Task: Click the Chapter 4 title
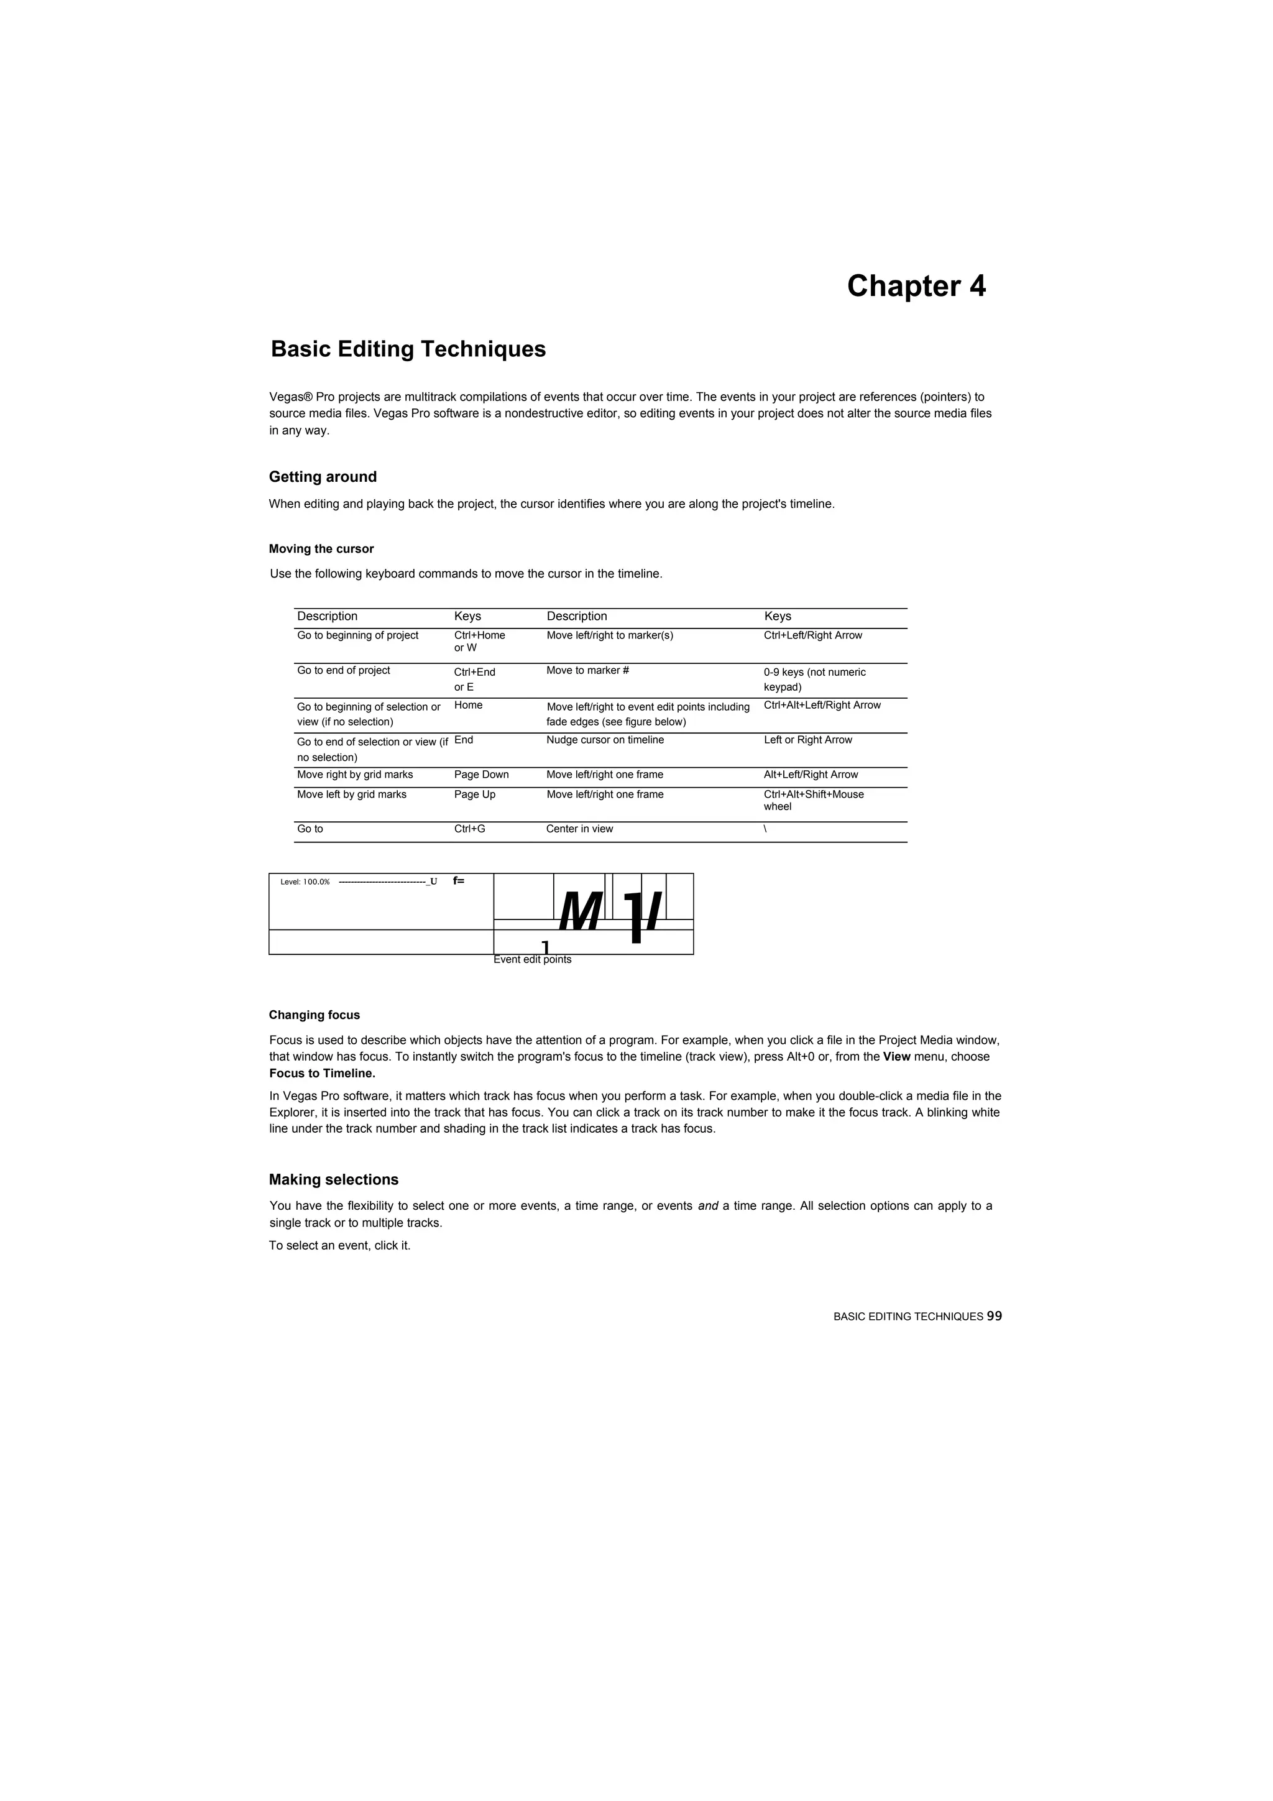point(916,287)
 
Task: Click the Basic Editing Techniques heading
point(408,349)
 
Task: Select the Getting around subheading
point(323,477)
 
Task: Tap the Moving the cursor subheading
point(321,549)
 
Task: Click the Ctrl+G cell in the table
point(469,829)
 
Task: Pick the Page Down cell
point(481,775)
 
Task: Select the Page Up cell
point(474,795)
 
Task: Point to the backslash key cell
point(765,829)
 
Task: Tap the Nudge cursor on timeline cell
point(605,740)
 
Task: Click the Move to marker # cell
point(587,671)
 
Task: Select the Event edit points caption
point(532,960)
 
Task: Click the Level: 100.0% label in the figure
point(305,882)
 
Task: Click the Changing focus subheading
point(314,1015)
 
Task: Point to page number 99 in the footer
point(994,1316)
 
